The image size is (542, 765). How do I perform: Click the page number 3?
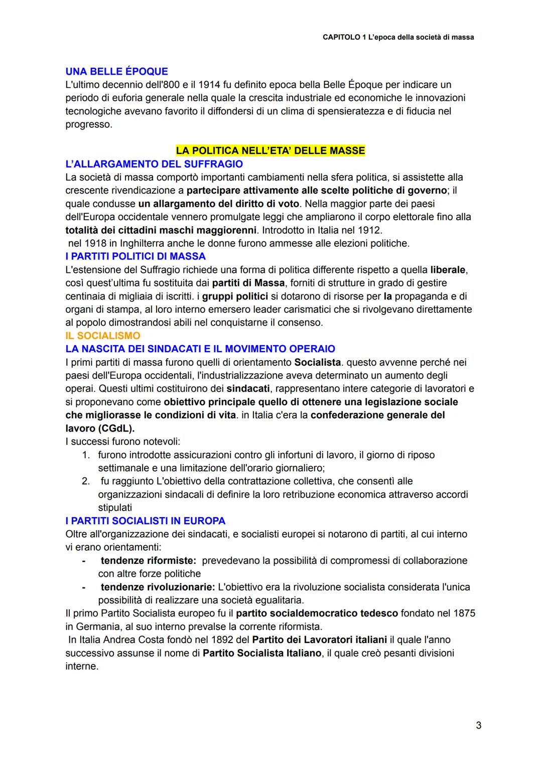tap(478, 725)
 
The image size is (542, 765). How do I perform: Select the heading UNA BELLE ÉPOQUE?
tap(116, 71)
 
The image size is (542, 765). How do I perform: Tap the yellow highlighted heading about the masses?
tap(270, 150)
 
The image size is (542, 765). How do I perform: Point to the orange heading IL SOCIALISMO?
tap(103, 336)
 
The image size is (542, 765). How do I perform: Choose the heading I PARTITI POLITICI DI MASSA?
tap(135, 257)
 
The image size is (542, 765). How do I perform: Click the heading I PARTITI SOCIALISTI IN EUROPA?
tap(146, 521)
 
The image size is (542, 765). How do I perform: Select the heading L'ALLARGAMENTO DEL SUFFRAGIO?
tap(154, 164)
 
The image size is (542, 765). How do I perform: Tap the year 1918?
tap(94, 244)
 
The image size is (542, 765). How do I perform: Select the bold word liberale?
tap(448, 270)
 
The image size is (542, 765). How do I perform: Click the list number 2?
tap(86, 481)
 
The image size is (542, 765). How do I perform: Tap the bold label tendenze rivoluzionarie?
tap(158, 586)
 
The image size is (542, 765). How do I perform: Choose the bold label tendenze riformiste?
tap(148, 560)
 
